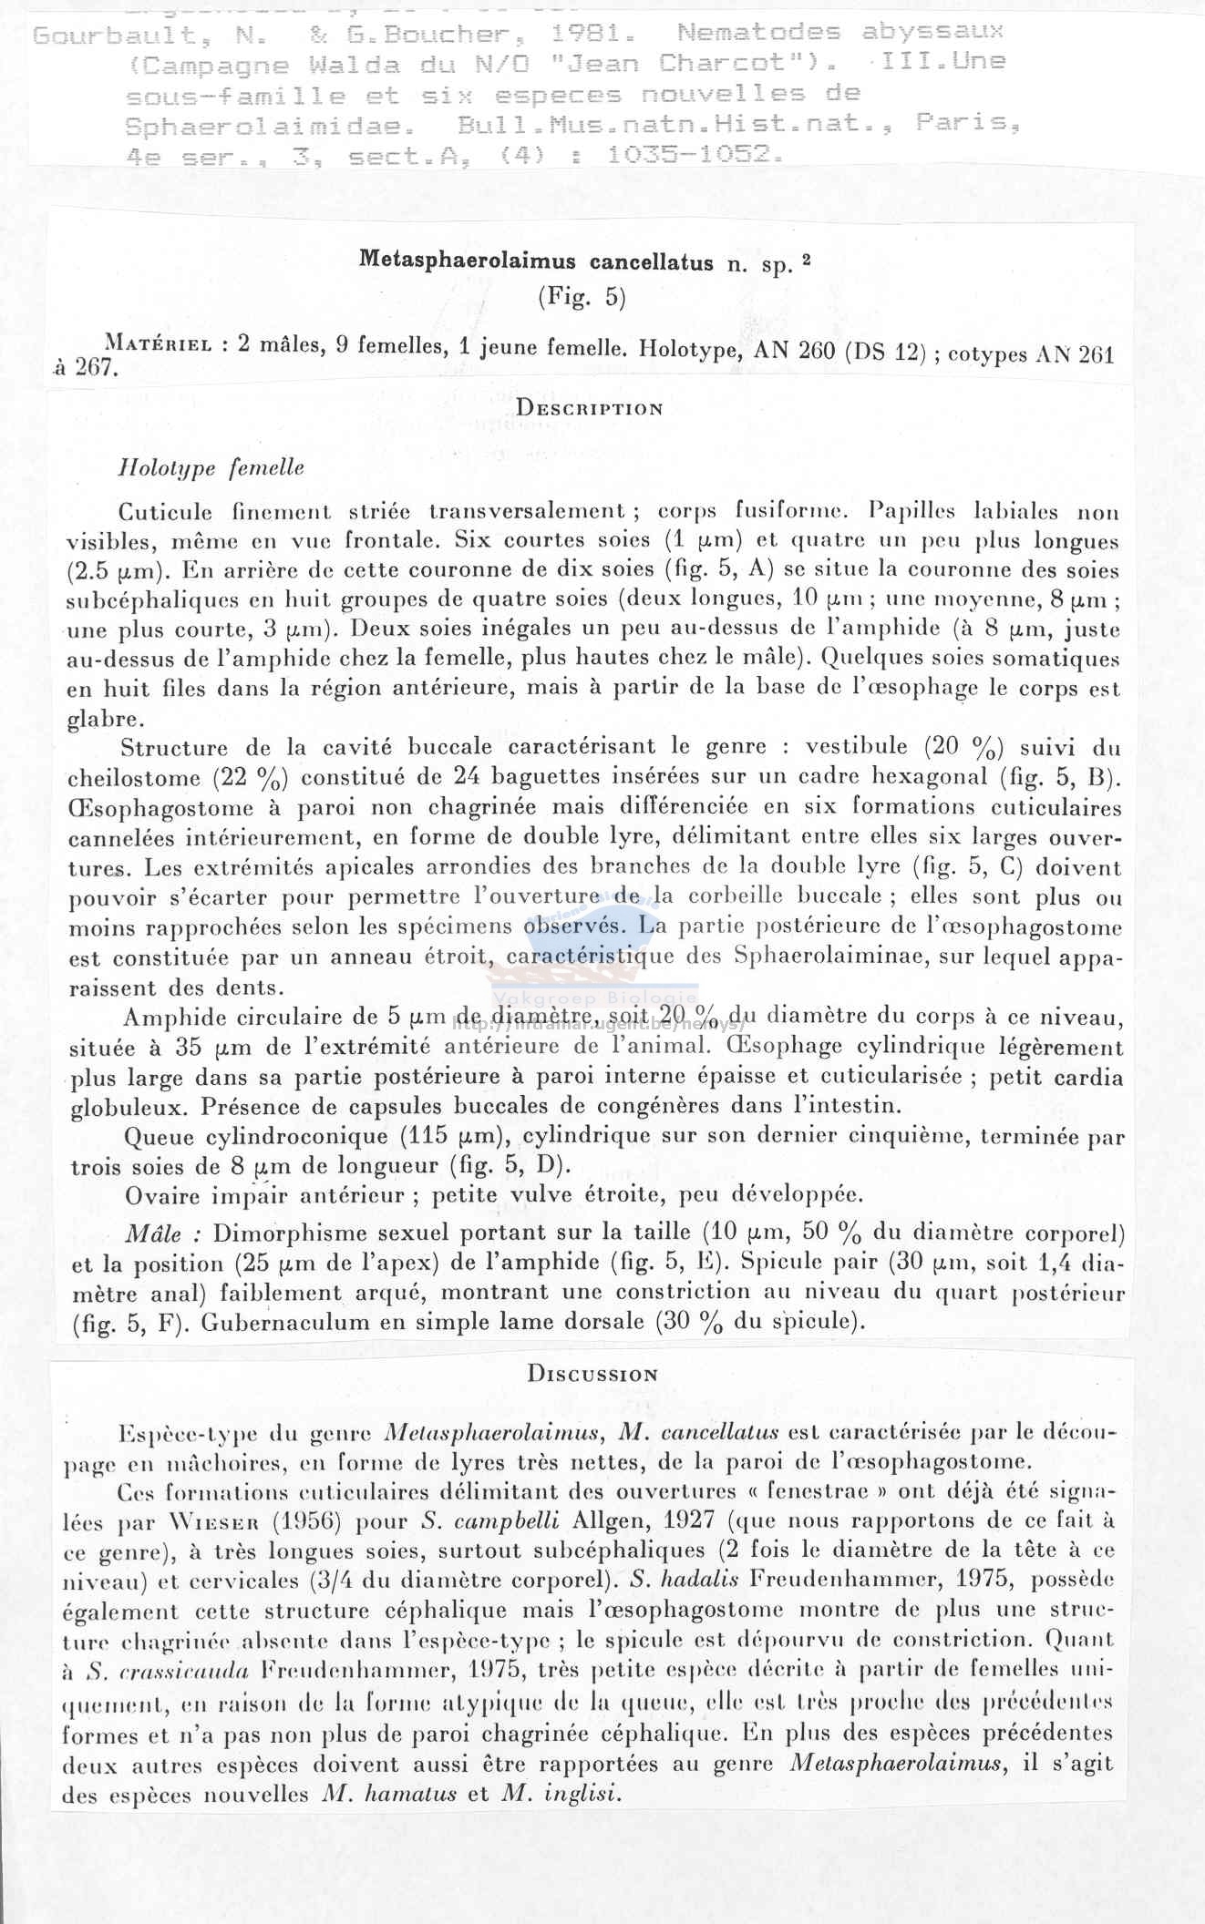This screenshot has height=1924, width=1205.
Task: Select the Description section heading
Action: point(589,408)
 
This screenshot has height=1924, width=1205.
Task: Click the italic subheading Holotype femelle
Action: point(211,468)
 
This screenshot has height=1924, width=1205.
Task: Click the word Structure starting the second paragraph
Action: point(173,748)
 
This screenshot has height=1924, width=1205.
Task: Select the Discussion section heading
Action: point(592,1374)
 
